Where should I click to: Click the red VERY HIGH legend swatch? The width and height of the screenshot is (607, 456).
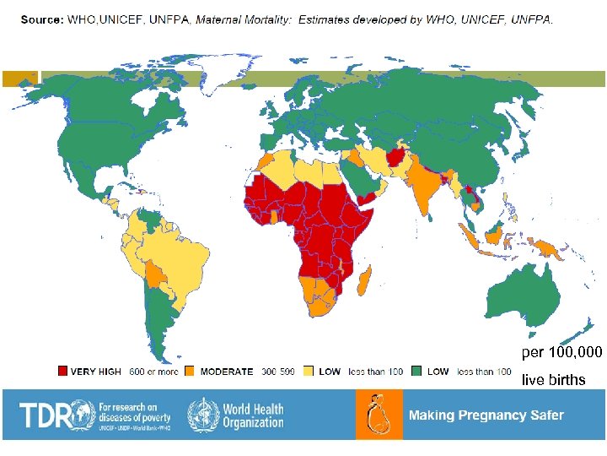(62, 372)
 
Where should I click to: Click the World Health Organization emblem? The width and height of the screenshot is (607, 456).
(202, 415)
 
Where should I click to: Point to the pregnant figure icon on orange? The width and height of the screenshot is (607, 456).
(379, 415)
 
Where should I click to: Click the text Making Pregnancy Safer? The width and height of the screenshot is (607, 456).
(486, 415)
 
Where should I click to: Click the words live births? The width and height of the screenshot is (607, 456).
(553, 380)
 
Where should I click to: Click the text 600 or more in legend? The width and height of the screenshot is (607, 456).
(153, 372)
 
